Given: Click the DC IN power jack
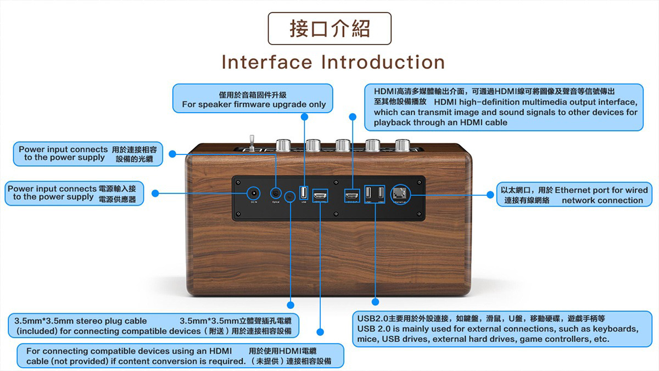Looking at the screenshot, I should pos(253,193).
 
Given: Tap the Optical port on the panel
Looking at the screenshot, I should pos(276,193).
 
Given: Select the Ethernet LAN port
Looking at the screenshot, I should pos(399,193).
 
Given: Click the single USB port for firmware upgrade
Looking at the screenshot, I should pos(304,193).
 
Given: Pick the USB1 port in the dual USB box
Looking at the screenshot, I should pos(369,193).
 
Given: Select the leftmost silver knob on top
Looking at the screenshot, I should pos(284,145).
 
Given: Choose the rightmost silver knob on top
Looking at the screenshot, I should pos(403,145).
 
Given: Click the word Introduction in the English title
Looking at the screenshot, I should pos(383,62).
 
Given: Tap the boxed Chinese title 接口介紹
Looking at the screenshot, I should pos(329,29).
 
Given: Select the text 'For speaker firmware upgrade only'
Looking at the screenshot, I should pos(254,104).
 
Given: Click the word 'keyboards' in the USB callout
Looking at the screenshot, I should pos(616,329).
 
